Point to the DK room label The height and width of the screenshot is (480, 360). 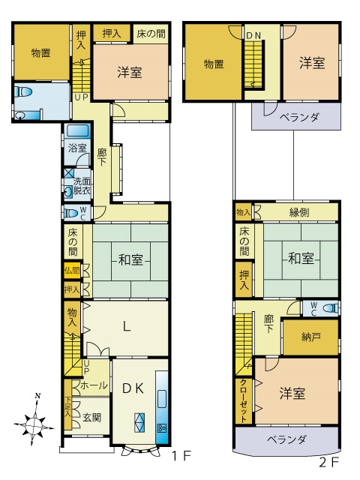133,388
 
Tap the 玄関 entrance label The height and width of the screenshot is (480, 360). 92,417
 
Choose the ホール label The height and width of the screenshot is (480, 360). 93,385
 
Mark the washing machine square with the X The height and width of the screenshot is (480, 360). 69,173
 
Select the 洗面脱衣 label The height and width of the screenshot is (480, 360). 82,187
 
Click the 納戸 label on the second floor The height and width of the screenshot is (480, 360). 310,337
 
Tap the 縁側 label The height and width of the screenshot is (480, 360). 298,212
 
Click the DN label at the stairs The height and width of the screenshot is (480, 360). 255,35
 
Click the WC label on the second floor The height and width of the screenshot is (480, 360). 315,307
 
